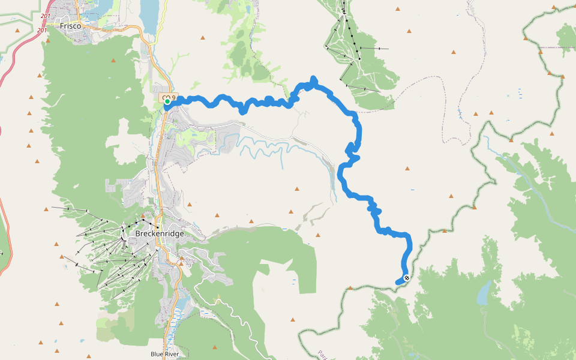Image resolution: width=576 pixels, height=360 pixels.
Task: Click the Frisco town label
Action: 70,26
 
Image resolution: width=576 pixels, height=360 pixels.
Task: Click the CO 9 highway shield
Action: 169,97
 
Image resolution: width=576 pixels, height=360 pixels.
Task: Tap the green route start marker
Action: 167,101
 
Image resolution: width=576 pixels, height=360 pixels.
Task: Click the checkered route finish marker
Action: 407,278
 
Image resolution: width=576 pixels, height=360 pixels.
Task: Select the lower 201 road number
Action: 42,30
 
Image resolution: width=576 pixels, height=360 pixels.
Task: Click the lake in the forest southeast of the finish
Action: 484,294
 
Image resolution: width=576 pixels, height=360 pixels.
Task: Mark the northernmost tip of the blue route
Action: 313,78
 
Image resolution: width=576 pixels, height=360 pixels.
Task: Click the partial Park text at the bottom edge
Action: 322,354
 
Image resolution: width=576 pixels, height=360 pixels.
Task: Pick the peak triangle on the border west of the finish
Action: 350,289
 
